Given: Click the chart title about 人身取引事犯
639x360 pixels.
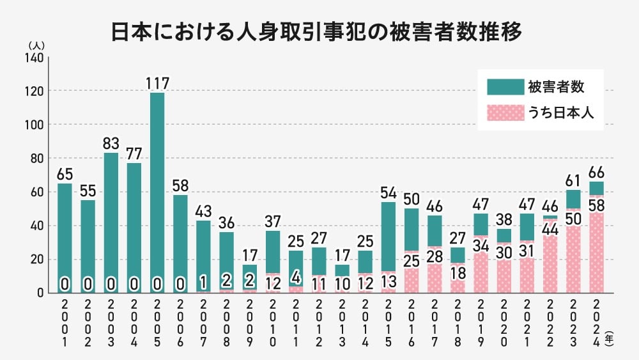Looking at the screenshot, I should (318, 32).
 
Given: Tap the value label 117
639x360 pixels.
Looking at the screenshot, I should (157, 83).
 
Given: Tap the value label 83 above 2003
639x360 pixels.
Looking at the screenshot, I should (111, 144).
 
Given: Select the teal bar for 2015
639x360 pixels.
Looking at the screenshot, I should (388, 237).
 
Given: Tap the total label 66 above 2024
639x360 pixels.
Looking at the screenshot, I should (596, 173).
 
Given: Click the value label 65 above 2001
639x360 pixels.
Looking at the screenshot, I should (65, 174).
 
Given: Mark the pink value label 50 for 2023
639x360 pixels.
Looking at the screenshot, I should (573, 218).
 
